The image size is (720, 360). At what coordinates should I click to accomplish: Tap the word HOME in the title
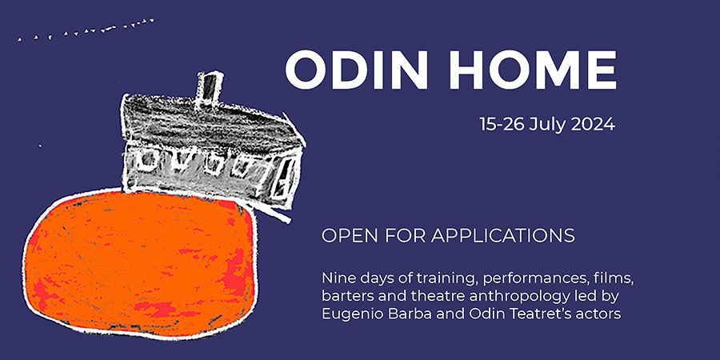[x=534, y=70]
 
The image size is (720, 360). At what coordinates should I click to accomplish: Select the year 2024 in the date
[x=593, y=124]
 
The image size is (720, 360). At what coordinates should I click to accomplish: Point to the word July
[x=548, y=125]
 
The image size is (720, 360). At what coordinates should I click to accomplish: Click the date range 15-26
[x=502, y=124]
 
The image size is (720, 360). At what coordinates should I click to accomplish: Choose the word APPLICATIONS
[x=503, y=235]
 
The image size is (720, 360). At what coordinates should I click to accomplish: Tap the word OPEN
[x=350, y=235]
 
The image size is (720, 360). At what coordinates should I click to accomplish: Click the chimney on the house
[x=210, y=89]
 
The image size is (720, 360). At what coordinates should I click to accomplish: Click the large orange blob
[x=140, y=262]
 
